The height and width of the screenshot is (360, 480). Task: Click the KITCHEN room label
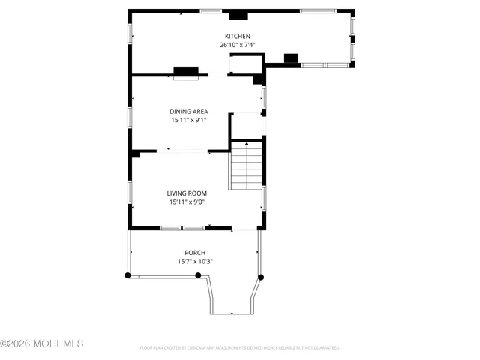click(x=238, y=37)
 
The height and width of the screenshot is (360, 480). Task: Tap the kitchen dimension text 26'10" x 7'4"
click(x=238, y=46)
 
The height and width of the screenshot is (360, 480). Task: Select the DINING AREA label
click(x=188, y=111)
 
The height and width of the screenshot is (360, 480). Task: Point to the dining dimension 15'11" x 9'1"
click(x=188, y=120)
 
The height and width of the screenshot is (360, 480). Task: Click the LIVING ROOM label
click(x=187, y=193)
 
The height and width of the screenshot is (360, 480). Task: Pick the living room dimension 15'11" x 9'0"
click(x=187, y=202)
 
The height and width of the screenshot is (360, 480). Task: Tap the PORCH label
click(x=195, y=253)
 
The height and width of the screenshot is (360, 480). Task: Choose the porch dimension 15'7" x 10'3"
click(x=195, y=262)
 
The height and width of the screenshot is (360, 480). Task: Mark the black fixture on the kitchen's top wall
click(x=238, y=14)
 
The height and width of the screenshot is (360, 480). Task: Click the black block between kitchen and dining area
click(x=186, y=72)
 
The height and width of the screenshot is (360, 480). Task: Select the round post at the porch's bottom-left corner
click(x=127, y=275)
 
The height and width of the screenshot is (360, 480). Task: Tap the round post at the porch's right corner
click(x=261, y=277)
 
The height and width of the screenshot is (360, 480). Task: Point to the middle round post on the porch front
click(x=199, y=275)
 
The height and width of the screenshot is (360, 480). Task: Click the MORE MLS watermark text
click(x=42, y=343)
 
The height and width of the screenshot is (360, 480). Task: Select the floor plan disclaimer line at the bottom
click(x=240, y=348)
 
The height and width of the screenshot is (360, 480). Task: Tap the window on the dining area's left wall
click(x=130, y=116)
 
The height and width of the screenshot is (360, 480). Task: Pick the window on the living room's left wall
click(x=130, y=191)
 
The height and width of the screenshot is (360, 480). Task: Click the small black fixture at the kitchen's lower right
click(x=292, y=58)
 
